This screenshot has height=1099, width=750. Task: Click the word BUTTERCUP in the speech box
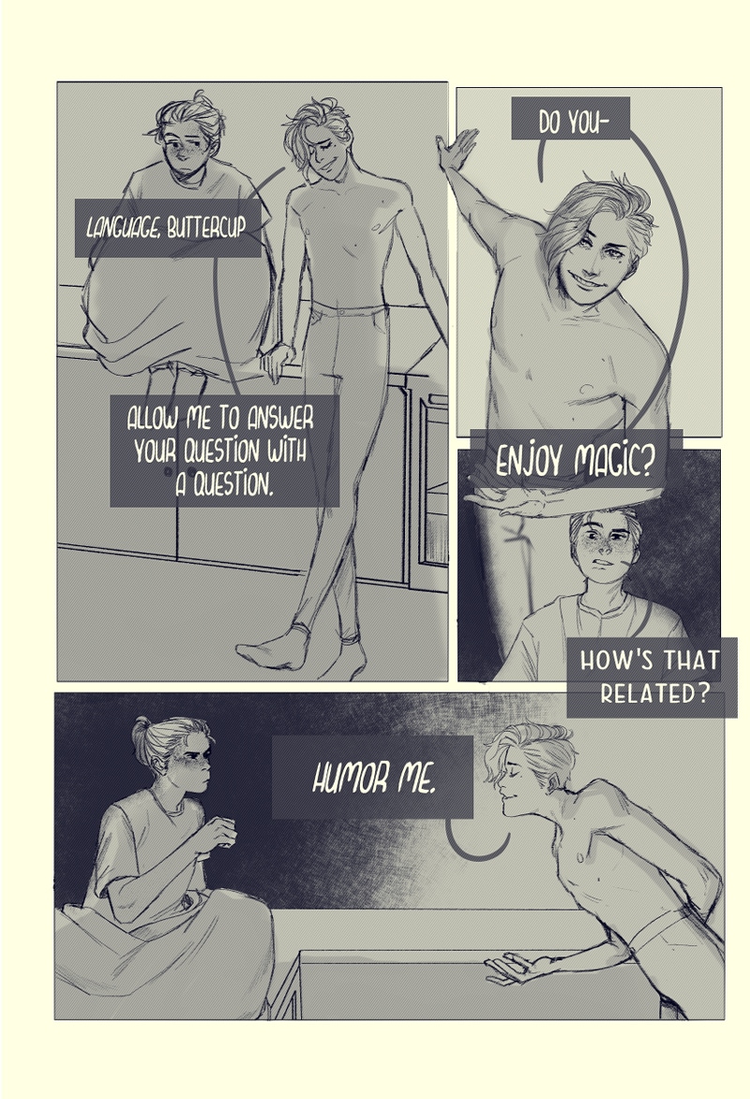[207, 229]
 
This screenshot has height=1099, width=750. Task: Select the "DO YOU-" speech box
[570, 118]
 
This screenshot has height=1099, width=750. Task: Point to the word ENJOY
[529, 462]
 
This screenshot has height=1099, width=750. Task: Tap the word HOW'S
[614, 661]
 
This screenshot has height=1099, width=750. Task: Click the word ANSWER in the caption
[280, 419]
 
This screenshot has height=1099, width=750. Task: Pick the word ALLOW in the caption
[152, 419]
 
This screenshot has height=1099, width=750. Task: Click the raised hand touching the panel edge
[457, 148]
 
